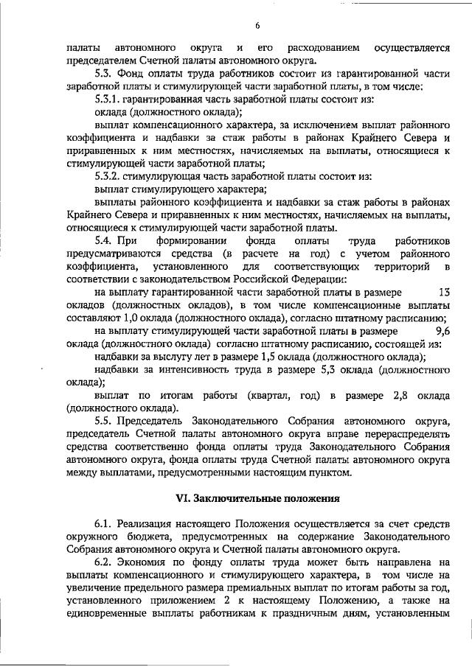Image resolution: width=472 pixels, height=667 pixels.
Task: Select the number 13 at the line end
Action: tap(444, 292)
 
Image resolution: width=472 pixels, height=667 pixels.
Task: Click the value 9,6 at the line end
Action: tap(442, 330)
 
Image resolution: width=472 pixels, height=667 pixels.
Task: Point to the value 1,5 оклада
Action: tap(215, 357)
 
